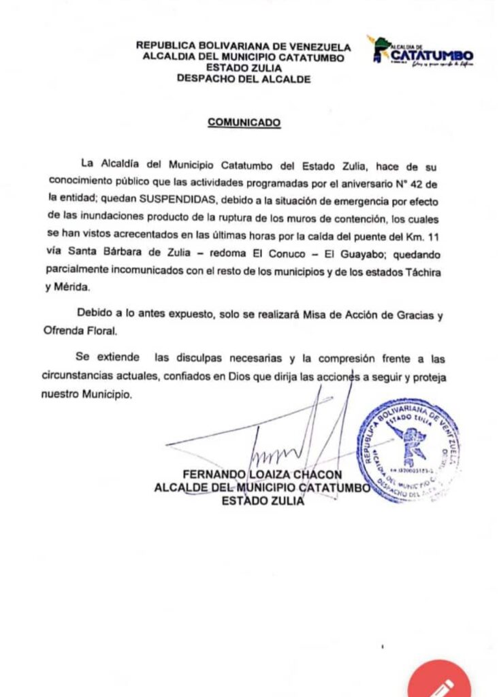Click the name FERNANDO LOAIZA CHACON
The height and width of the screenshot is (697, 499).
tap(263, 474)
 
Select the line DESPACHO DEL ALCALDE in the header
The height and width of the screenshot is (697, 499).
tap(244, 79)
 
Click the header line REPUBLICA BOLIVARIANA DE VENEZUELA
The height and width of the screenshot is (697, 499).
tap(244, 46)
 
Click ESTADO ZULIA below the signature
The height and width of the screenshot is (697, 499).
tap(263, 501)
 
